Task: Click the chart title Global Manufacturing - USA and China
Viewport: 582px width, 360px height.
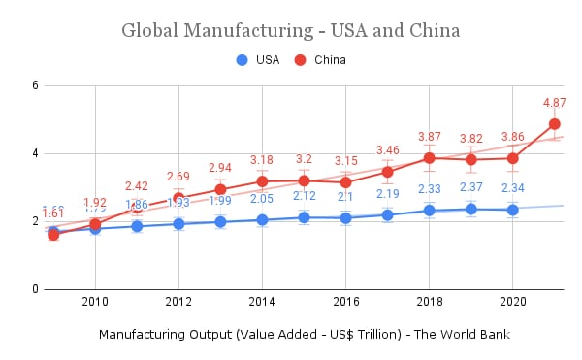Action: (x=290, y=30)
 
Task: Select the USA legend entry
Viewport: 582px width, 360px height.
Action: (x=258, y=60)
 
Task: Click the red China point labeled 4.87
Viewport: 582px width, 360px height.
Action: (x=555, y=124)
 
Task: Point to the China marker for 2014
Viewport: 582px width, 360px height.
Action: (x=262, y=181)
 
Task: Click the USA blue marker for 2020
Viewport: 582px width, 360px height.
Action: (x=513, y=210)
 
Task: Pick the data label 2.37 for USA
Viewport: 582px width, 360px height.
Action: (x=471, y=187)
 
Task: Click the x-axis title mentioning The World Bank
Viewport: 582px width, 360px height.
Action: (x=305, y=335)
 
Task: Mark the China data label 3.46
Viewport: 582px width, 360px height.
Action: (x=387, y=150)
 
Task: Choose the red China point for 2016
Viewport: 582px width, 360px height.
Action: (x=345, y=182)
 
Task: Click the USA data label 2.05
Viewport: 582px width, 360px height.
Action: (x=262, y=199)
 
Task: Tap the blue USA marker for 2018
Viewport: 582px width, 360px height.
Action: (x=429, y=211)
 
